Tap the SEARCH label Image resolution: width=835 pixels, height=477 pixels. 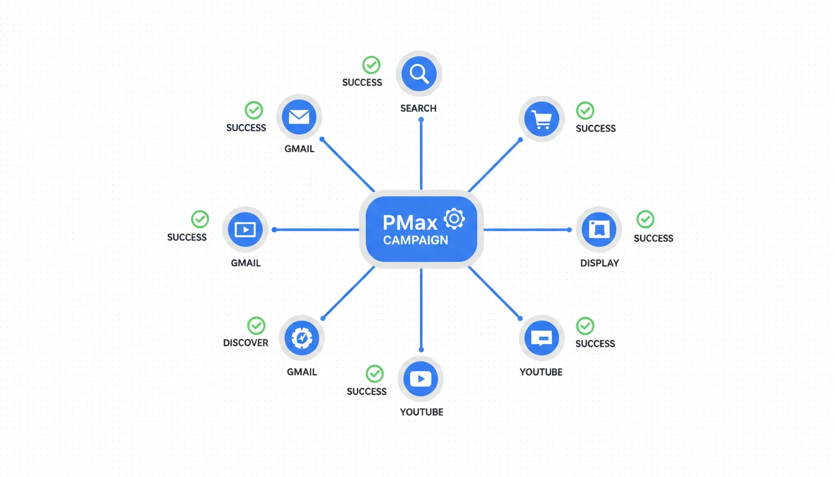(418, 108)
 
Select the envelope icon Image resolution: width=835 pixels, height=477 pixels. (299, 117)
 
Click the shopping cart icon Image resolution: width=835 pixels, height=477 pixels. (542, 119)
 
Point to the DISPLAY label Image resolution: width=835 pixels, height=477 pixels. (600, 263)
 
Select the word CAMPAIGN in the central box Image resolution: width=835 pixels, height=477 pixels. (416, 240)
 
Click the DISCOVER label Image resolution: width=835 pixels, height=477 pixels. (245, 343)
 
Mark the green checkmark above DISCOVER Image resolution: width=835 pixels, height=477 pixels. (256, 325)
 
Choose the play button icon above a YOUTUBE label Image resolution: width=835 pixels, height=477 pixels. (421, 379)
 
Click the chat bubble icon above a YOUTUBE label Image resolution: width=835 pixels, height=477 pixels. (542, 338)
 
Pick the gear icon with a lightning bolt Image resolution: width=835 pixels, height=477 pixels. (301, 338)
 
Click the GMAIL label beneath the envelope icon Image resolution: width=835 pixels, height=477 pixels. (299, 148)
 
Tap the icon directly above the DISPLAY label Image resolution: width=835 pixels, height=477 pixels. (599, 230)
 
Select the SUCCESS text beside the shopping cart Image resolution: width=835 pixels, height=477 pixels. (596, 129)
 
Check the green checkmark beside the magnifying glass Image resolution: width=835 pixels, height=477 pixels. (372, 65)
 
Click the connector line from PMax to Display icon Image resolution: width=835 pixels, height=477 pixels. (527, 230)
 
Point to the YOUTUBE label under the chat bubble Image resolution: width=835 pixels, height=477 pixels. (541, 372)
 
